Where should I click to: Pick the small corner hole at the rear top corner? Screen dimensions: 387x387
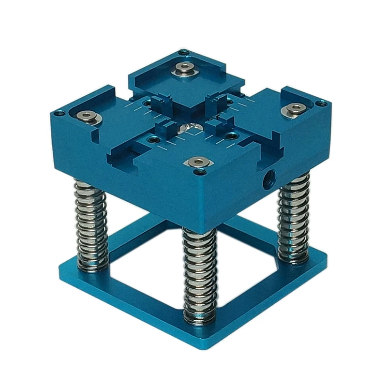(x=181, y=51)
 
